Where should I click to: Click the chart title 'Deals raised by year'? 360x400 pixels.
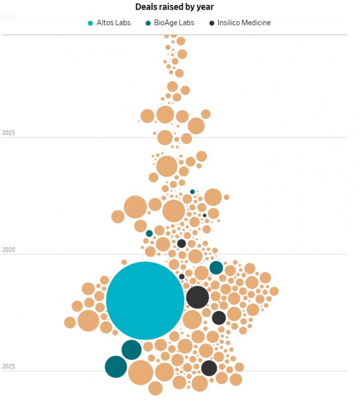click(176, 7)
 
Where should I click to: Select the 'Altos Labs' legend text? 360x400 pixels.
click(113, 23)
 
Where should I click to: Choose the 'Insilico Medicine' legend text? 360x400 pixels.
click(244, 23)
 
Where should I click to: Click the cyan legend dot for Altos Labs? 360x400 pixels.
click(90, 23)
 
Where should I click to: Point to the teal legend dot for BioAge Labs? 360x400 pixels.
click(149, 23)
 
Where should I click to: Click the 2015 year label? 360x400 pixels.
click(9, 133)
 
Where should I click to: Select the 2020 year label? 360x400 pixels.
click(9, 250)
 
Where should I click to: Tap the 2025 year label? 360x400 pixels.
click(9, 367)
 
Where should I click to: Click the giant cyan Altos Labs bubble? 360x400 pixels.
click(145, 300)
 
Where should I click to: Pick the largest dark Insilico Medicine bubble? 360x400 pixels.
click(198, 297)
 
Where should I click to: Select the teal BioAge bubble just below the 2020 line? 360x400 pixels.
click(216, 268)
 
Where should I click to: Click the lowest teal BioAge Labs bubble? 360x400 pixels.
click(116, 367)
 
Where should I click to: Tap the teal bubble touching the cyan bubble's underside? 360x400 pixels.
click(132, 350)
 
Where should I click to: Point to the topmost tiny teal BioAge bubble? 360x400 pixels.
click(192, 192)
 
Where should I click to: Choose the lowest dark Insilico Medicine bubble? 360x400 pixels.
click(209, 368)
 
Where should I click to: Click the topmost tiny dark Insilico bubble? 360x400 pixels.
click(205, 215)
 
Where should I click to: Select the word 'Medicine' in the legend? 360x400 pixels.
click(256, 23)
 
